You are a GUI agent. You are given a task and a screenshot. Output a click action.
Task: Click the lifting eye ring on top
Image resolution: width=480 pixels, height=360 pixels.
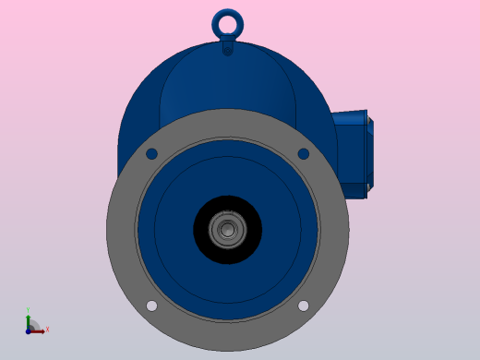click(227, 13)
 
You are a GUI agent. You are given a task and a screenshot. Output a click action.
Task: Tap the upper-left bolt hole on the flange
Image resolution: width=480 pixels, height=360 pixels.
click(151, 154)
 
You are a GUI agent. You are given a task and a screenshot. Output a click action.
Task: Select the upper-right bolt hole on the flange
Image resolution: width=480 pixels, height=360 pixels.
click(303, 154)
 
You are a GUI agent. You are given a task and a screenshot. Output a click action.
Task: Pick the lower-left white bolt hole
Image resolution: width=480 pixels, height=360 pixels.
click(151, 306)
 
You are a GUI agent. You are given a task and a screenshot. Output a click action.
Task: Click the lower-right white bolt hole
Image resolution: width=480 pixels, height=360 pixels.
click(303, 306)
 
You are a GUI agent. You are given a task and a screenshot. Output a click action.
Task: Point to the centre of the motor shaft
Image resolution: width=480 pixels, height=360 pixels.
click(227, 230)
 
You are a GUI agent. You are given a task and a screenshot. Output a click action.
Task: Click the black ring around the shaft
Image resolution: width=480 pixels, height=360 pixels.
click(205, 230)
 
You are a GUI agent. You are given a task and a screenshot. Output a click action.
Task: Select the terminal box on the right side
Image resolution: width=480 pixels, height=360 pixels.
click(353, 152)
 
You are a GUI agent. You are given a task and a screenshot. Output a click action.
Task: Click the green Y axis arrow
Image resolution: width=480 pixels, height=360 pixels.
click(29, 318)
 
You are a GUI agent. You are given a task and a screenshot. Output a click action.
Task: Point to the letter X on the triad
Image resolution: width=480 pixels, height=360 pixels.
click(47, 329)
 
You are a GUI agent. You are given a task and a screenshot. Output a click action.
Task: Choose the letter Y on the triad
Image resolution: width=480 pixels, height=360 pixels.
click(29, 310)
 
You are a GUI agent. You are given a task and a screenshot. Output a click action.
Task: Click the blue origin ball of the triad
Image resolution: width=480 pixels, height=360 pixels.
click(30, 329)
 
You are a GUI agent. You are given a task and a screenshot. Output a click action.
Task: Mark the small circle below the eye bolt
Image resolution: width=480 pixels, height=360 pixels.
click(227, 50)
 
